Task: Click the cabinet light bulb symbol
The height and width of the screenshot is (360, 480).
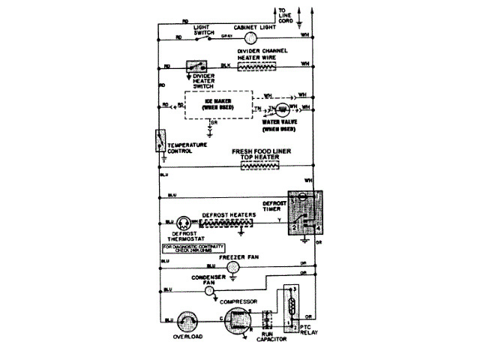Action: point(251,37)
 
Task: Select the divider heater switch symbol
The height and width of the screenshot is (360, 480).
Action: point(198,66)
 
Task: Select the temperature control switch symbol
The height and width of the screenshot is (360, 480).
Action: point(160,141)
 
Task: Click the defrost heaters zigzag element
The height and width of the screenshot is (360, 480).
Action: point(227,222)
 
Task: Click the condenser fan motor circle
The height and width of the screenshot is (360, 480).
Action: point(232,288)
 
